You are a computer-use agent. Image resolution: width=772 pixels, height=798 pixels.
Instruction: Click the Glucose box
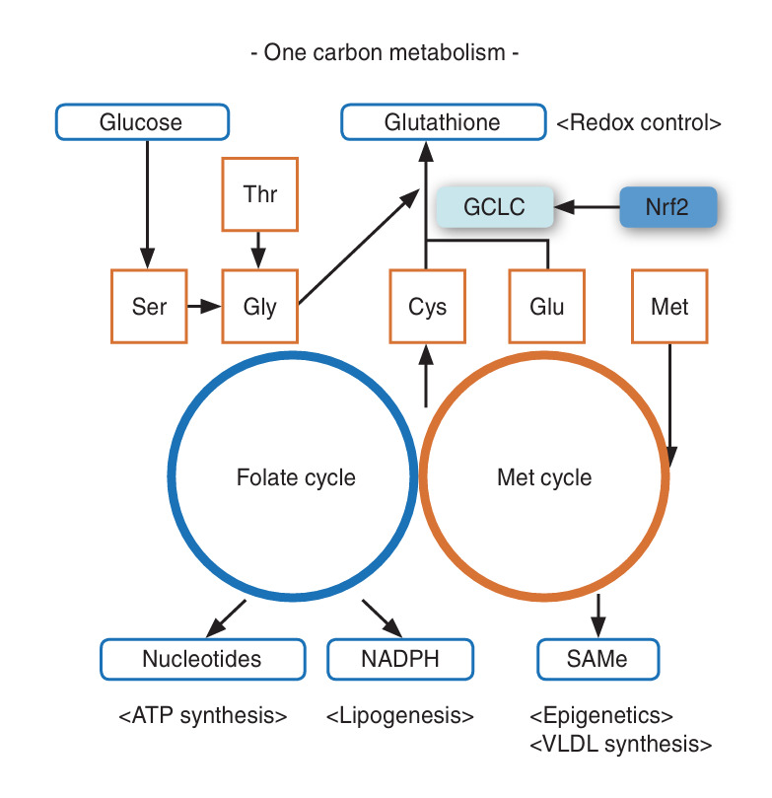[x=142, y=122]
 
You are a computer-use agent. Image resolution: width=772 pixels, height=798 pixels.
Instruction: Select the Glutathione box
[x=444, y=122]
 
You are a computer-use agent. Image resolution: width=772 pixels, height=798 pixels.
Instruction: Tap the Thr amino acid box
[x=260, y=194]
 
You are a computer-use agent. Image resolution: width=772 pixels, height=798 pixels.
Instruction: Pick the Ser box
[x=149, y=307]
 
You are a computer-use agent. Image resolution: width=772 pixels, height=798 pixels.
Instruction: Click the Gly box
[x=260, y=307]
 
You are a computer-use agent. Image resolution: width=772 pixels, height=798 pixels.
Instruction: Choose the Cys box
[x=427, y=307]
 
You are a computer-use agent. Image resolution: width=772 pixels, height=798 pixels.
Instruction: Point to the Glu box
[x=546, y=307]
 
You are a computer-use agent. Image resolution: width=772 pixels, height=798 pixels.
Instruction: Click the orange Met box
[x=669, y=307]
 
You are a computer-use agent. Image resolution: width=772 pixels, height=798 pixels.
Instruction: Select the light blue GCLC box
[x=494, y=206]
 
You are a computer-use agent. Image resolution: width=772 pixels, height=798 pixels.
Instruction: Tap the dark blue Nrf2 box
[x=667, y=206]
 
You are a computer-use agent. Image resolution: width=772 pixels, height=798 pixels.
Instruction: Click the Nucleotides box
[x=202, y=659]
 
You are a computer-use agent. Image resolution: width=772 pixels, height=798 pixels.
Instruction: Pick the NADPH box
[x=400, y=659]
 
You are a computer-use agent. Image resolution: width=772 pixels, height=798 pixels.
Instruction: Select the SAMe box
[x=598, y=659]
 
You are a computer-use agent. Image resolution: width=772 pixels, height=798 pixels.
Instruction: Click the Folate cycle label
[x=296, y=477]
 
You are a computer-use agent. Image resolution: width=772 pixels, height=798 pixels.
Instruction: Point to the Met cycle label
[x=544, y=477]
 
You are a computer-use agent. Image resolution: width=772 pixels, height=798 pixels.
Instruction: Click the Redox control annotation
[x=639, y=123]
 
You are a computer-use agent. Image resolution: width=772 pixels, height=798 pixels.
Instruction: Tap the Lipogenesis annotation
[x=399, y=716]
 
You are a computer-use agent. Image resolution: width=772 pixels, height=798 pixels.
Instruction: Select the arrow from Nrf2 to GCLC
[x=587, y=207]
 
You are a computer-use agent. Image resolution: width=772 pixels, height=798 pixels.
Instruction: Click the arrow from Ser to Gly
[x=204, y=307]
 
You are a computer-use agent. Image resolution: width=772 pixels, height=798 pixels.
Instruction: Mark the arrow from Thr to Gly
[x=258, y=251]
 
